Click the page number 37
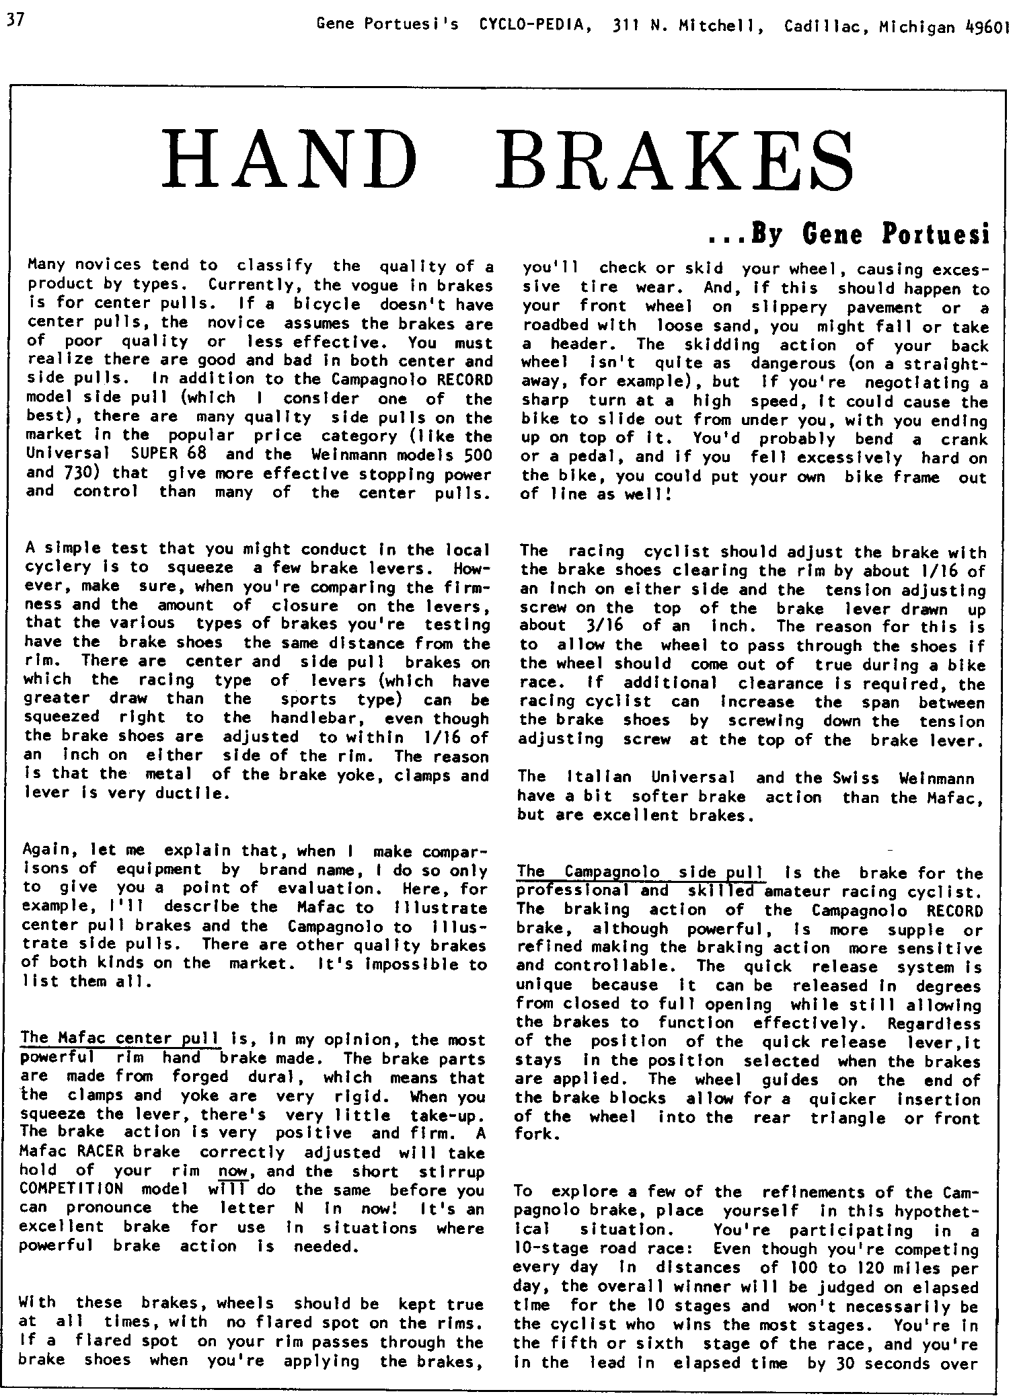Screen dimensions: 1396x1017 point(14,20)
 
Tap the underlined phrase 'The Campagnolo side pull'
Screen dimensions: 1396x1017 point(640,872)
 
